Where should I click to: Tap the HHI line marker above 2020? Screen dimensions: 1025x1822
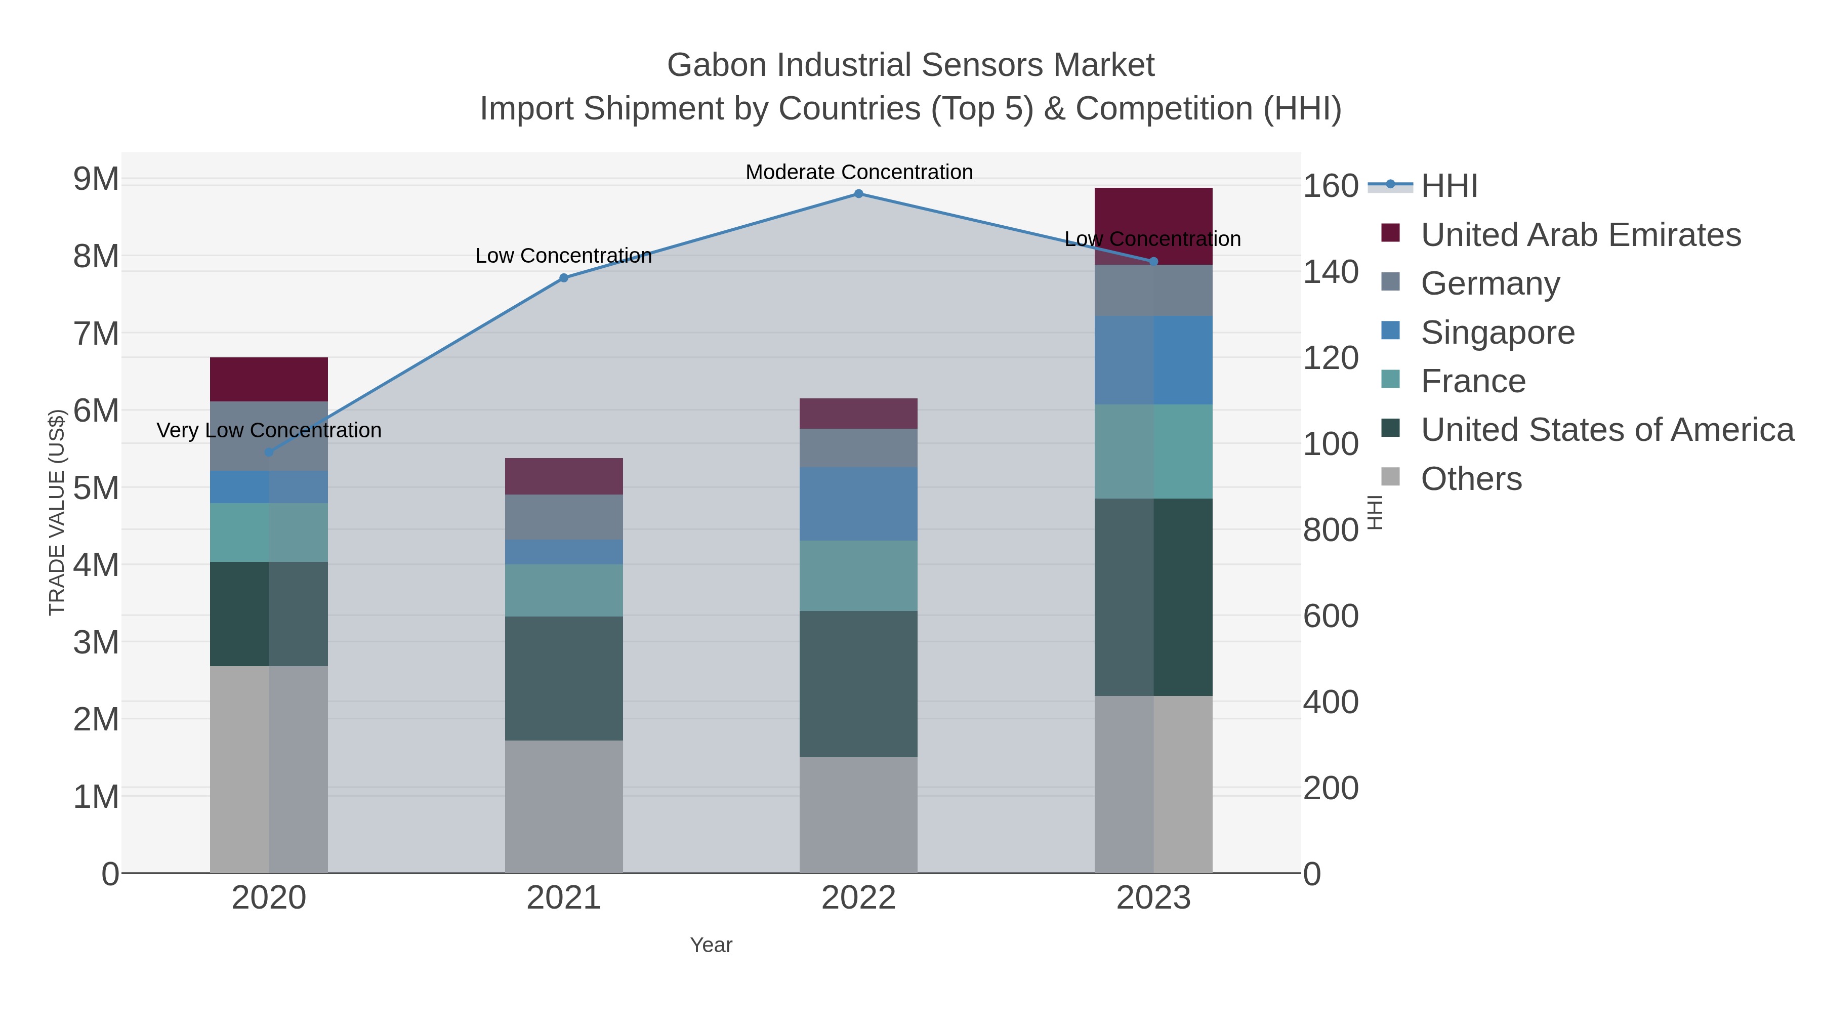point(269,452)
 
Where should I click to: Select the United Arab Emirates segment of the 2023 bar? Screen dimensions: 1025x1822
point(1153,212)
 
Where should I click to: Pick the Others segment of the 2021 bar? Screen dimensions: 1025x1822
point(564,806)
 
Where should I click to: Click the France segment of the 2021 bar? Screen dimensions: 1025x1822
point(564,590)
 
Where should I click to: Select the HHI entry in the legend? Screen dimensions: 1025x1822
point(1448,186)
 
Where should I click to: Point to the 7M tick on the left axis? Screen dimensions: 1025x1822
point(96,333)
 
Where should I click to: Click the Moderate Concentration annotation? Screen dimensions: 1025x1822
point(859,172)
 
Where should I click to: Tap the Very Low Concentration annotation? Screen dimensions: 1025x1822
point(269,430)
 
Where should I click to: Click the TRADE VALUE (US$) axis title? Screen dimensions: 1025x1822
point(57,512)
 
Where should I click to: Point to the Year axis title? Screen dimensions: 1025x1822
point(711,945)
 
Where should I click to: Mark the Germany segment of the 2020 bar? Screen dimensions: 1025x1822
point(269,436)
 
